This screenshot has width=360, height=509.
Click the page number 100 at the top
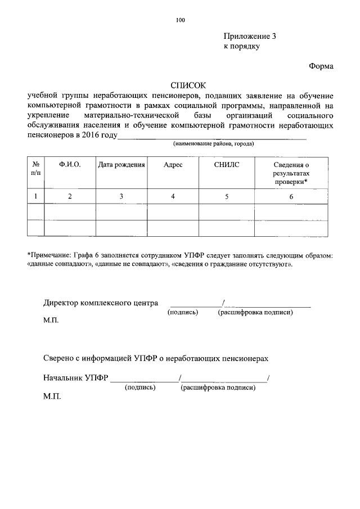click(180, 21)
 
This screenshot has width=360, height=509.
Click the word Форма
click(321, 66)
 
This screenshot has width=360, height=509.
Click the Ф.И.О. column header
click(70, 165)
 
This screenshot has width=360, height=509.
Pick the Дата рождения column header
click(121, 165)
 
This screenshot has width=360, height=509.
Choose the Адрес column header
click(173, 165)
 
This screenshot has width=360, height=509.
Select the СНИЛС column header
click(227, 165)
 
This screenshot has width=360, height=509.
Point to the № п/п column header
click(35, 169)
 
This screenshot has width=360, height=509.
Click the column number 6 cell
click(291, 196)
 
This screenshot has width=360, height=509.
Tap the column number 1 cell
click(35, 196)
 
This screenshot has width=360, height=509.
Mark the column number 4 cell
click(173, 196)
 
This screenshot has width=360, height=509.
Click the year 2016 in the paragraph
click(90, 136)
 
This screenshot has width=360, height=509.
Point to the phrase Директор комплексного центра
click(101, 303)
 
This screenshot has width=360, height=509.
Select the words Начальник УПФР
click(75, 377)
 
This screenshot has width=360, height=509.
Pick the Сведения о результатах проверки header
click(291, 173)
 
